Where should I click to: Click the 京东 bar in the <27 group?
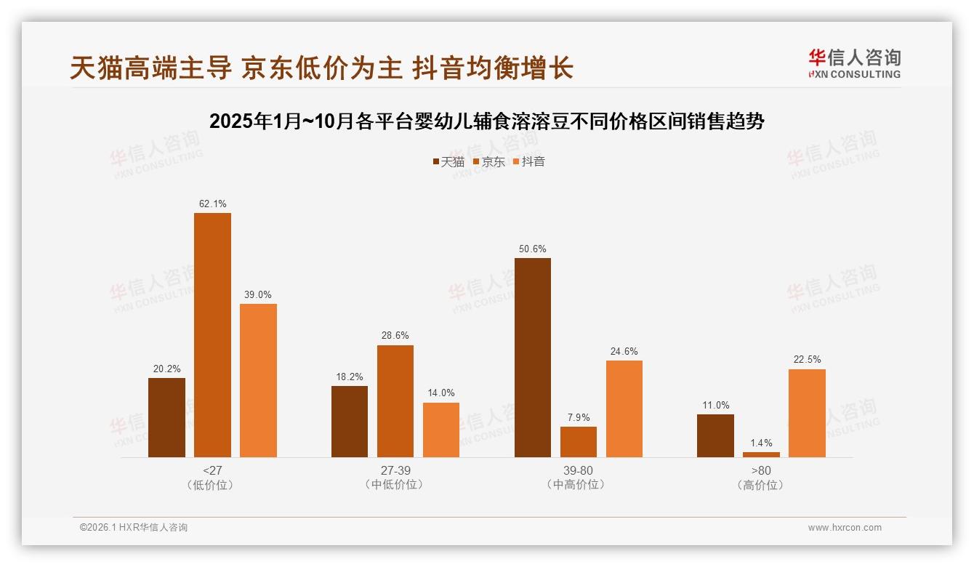(x=212, y=335)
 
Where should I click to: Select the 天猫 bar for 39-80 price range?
(x=533, y=358)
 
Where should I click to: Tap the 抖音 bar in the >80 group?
(x=807, y=413)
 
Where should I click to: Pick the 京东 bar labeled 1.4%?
(x=761, y=454)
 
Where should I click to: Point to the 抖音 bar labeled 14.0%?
(x=441, y=430)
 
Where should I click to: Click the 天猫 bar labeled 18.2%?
(x=350, y=422)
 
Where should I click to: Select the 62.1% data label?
(x=212, y=204)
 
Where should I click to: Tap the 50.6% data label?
(x=533, y=249)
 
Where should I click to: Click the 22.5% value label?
(x=807, y=360)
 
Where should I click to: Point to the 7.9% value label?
(x=579, y=418)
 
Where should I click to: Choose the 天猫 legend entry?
(x=448, y=162)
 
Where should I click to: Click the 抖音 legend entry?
(x=528, y=162)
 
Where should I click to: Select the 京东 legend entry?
(x=488, y=162)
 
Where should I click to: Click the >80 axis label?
(x=760, y=470)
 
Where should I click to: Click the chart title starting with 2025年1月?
(x=486, y=121)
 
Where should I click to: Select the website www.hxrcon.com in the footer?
(x=845, y=528)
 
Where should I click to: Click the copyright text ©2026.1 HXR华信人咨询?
(x=134, y=528)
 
